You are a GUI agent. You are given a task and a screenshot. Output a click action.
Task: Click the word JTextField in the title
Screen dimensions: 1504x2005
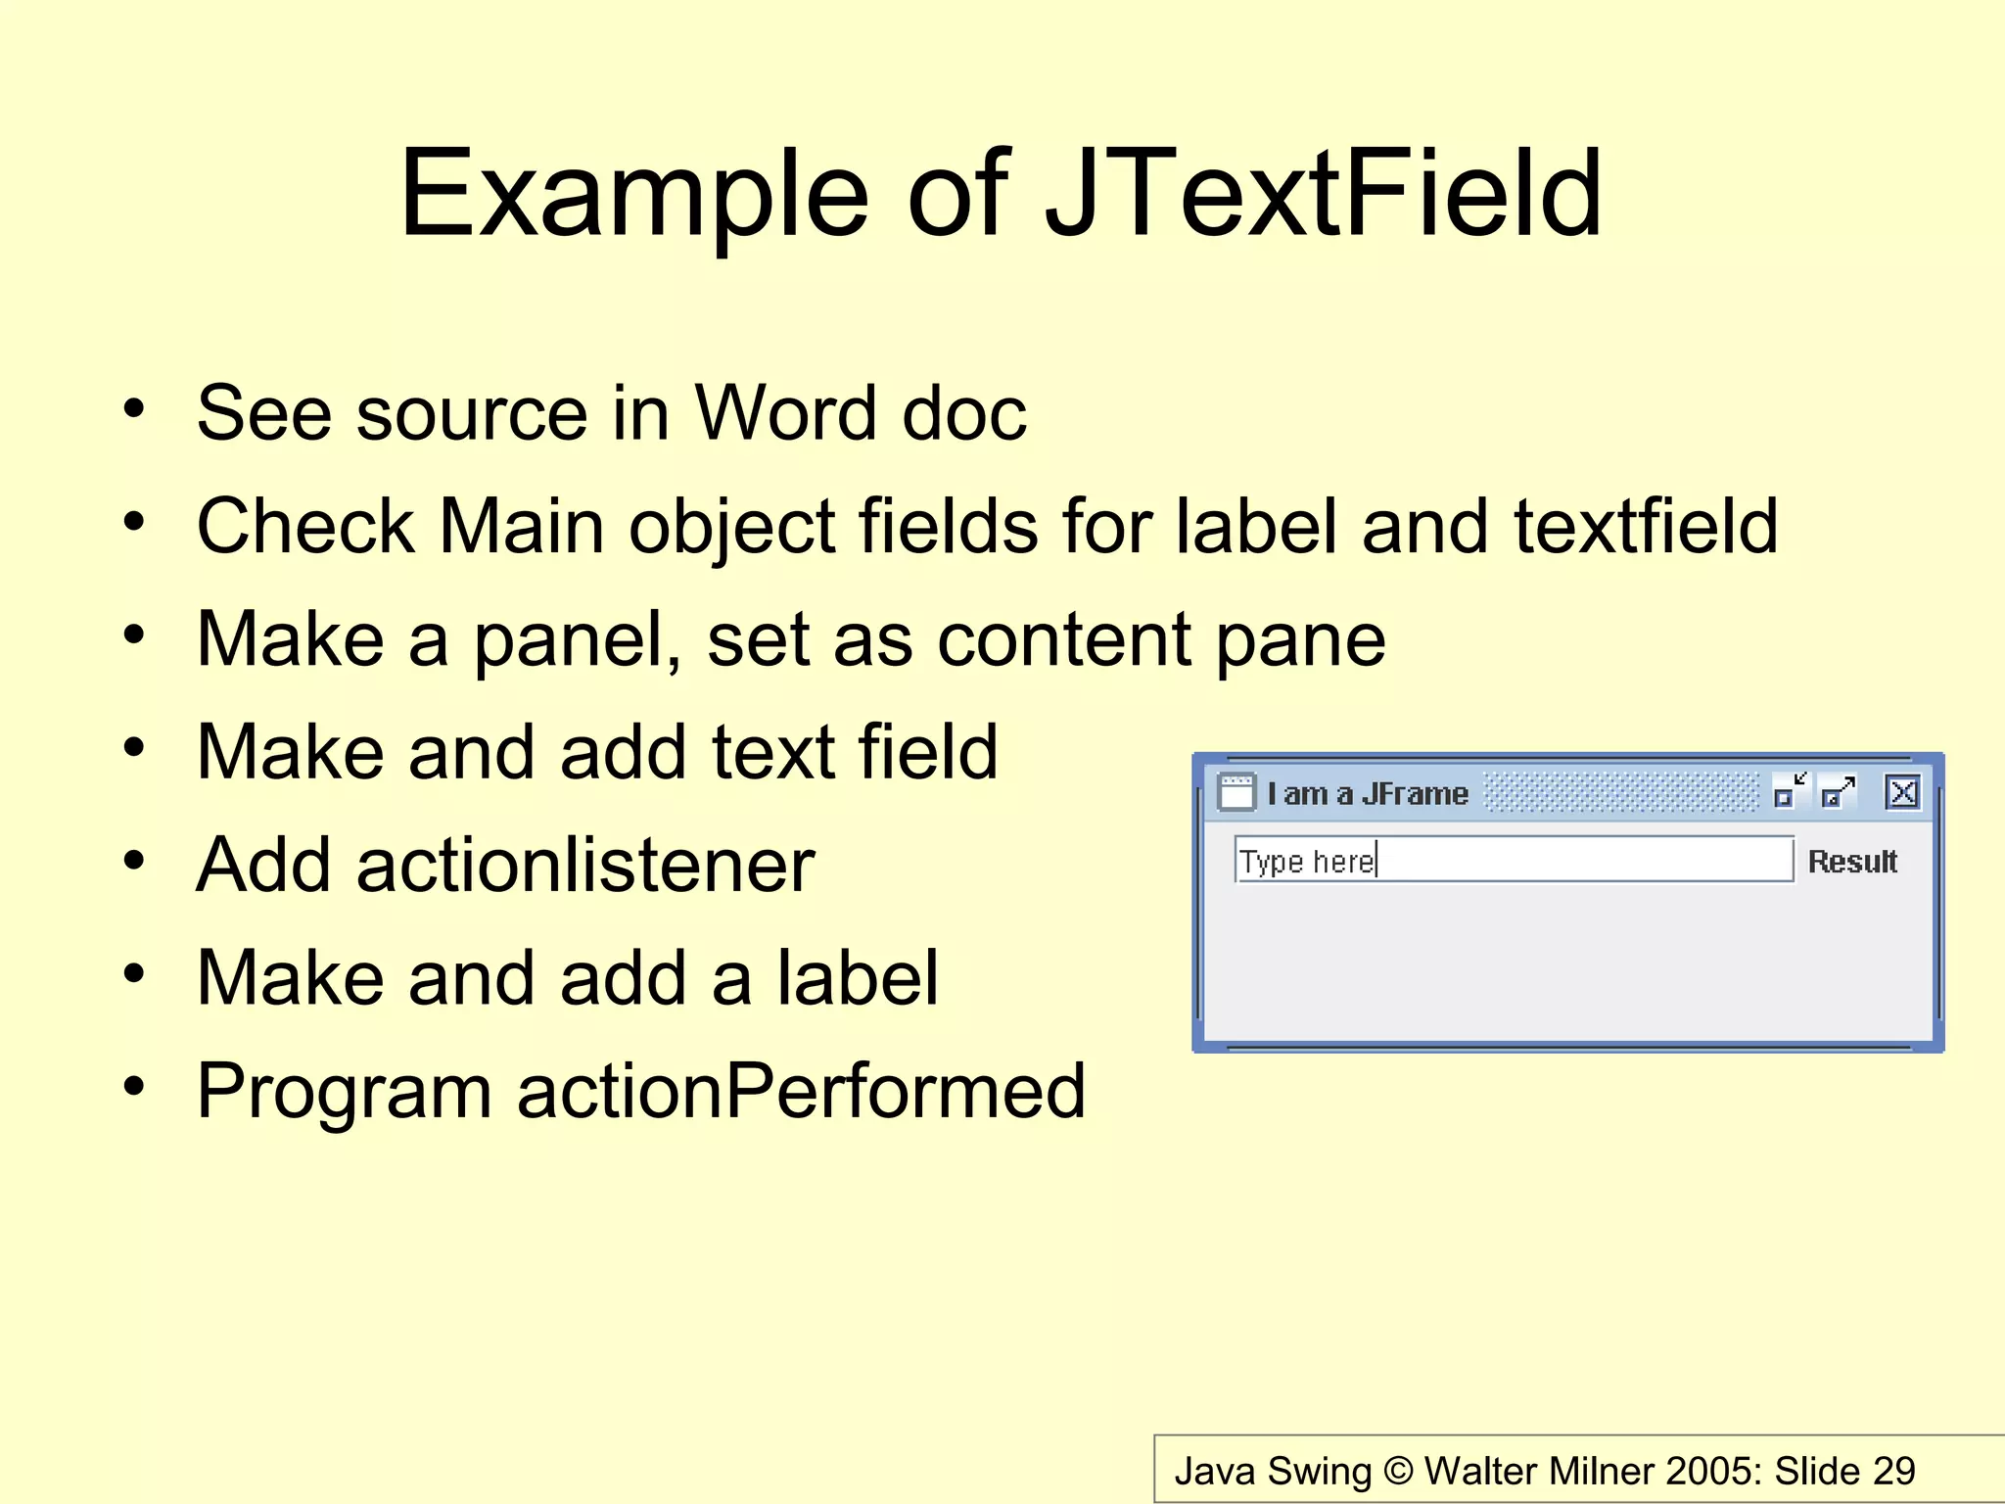tap(1324, 193)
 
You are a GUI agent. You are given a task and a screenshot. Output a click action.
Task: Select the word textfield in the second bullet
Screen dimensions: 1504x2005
tap(1646, 526)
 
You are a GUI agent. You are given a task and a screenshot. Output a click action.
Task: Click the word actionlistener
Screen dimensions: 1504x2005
tap(585, 866)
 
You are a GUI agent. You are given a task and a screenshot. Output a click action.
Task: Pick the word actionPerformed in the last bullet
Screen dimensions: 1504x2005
tap(801, 1091)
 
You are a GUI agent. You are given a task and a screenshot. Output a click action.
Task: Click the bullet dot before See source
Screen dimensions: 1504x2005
tap(134, 408)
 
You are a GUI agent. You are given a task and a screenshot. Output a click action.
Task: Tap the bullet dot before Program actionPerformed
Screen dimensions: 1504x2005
tap(134, 1086)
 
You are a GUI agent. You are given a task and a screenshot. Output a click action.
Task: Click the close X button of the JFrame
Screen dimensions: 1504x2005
tap(1902, 792)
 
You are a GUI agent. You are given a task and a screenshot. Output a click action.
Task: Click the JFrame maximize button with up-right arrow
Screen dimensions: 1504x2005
tap(1838, 792)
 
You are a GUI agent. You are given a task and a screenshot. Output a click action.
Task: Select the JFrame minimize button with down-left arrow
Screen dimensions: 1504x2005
tap(1790, 792)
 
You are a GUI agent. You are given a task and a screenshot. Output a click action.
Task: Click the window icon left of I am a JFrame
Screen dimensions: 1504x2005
tap(1236, 792)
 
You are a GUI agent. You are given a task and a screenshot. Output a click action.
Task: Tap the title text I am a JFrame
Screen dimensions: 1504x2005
tap(1368, 793)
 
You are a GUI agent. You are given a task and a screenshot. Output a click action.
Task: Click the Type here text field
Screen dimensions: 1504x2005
tap(1513, 860)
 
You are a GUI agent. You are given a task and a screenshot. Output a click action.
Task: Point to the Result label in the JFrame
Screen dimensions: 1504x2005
tap(1852, 862)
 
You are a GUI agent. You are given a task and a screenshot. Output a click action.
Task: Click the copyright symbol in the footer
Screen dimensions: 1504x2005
tap(1399, 1471)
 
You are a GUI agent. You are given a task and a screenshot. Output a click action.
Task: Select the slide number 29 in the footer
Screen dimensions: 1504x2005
tap(1894, 1471)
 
